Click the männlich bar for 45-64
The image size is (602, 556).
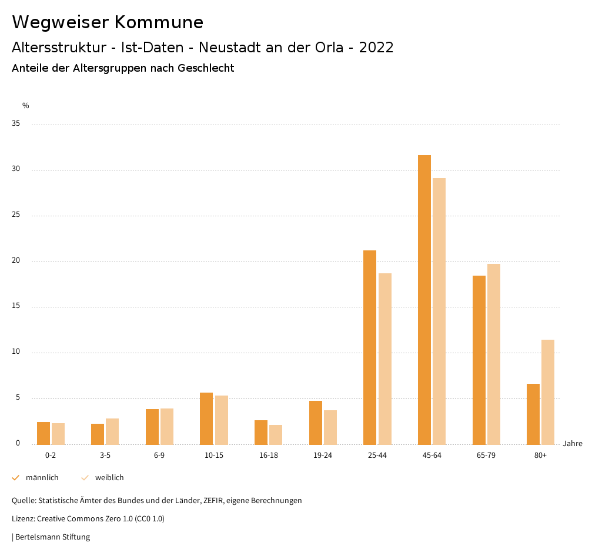pyautogui.click(x=424, y=300)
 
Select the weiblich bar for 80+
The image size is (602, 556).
pyautogui.click(x=548, y=392)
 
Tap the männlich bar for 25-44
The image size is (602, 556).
pyautogui.click(x=370, y=347)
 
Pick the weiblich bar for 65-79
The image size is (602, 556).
pyautogui.click(x=494, y=354)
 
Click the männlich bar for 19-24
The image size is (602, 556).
pyautogui.click(x=316, y=423)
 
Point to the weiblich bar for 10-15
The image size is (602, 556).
pyautogui.click(x=221, y=420)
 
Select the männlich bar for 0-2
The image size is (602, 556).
pyautogui.click(x=44, y=433)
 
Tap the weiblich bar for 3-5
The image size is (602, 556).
pyautogui.click(x=112, y=431)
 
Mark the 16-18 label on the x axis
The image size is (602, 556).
pyautogui.click(x=269, y=455)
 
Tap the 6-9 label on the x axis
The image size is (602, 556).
pyautogui.click(x=159, y=455)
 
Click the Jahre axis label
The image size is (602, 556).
pyautogui.click(x=573, y=444)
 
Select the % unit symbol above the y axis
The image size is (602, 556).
pyautogui.click(x=26, y=106)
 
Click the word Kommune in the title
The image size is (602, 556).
pyautogui.click(x=159, y=22)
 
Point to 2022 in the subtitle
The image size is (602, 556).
pyautogui.click(x=376, y=48)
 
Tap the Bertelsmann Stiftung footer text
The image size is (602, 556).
pyautogui.click(x=52, y=537)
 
